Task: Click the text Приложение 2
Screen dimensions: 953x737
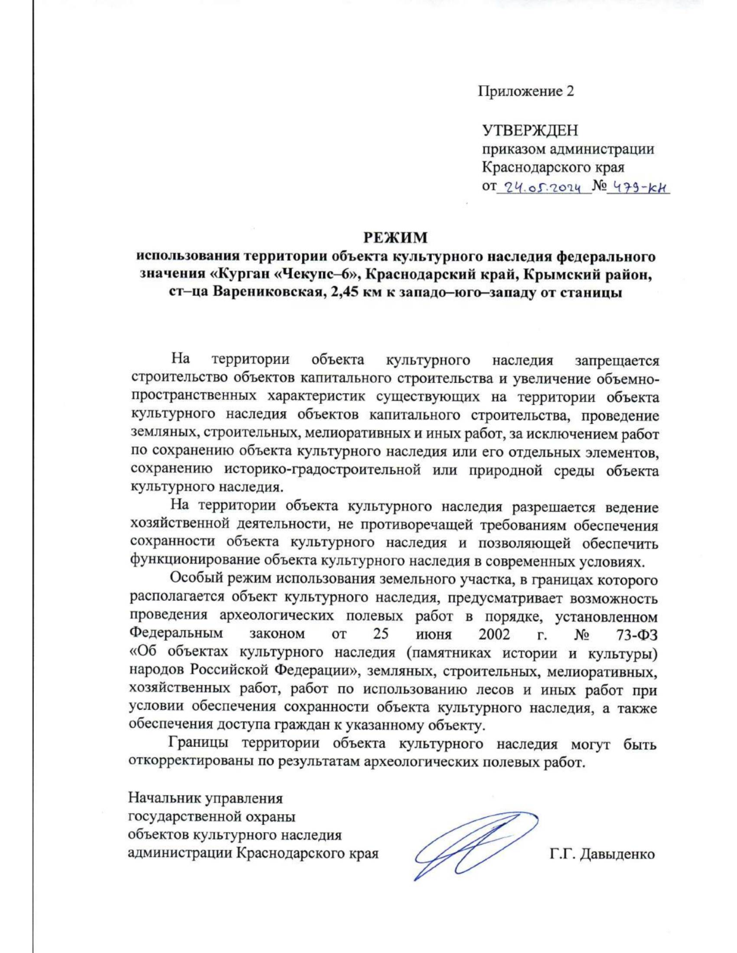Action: pyautogui.click(x=526, y=91)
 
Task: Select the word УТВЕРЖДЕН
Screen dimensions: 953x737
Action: pyautogui.click(x=529, y=131)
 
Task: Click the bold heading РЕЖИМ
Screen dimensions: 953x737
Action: pyautogui.click(x=394, y=237)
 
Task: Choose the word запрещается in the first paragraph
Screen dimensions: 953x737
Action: pyautogui.click(x=616, y=360)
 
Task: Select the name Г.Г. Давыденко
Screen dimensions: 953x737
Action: pyautogui.click(x=602, y=854)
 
